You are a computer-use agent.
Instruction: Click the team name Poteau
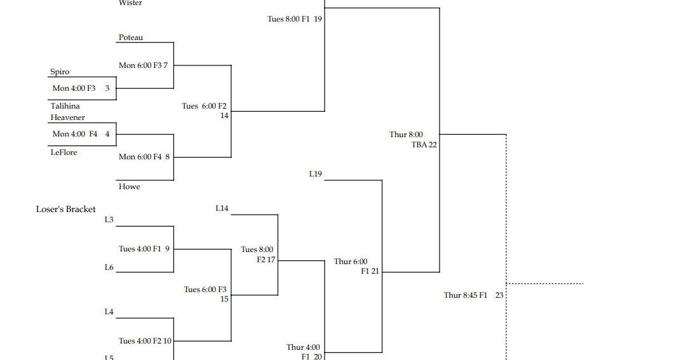coord(131,37)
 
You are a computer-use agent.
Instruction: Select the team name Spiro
coord(60,72)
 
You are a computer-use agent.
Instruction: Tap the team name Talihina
coord(65,106)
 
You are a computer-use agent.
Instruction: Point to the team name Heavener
coord(67,117)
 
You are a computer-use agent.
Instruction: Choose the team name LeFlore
coord(64,152)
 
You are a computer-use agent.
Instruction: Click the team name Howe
coord(129,187)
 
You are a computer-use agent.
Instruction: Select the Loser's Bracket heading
coord(66,209)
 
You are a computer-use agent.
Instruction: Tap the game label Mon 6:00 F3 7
coord(143,65)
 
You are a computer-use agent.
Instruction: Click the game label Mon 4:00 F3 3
coord(81,88)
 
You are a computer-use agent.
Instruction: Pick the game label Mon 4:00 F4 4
coord(81,134)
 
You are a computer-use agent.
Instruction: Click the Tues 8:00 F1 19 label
coord(294,19)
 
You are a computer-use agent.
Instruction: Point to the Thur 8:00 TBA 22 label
coord(413,140)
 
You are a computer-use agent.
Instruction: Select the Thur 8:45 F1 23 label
coord(473,295)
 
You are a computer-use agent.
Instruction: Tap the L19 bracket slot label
coord(315,174)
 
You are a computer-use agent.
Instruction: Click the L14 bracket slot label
coord(222,208)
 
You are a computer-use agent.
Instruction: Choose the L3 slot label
coord(109,220)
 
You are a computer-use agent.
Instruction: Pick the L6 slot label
coord(109,267)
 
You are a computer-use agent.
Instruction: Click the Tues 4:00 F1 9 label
coord(144,249)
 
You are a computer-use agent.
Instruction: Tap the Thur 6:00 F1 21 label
coord(356,266)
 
